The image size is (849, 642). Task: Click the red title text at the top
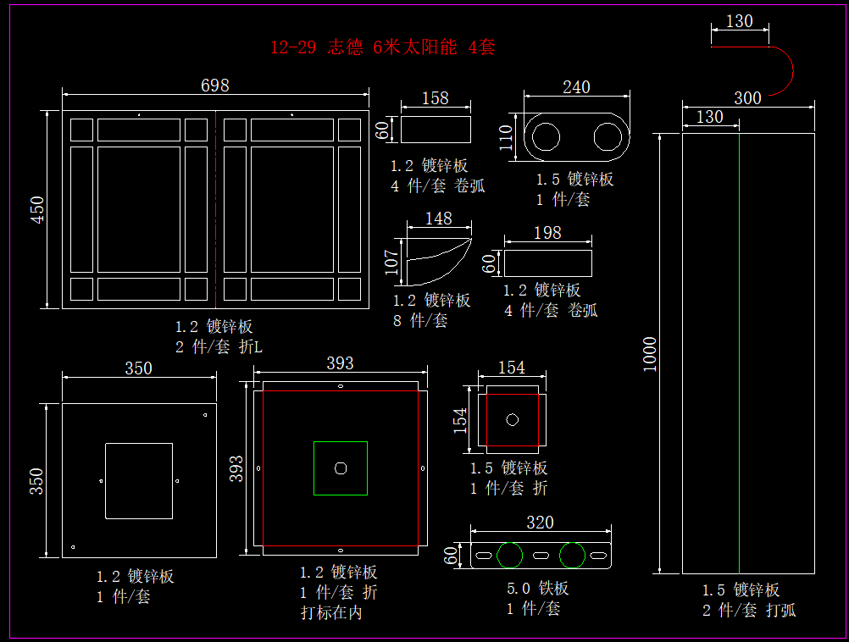click(x=382, y=47)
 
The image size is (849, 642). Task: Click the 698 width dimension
click(x=214, y=86)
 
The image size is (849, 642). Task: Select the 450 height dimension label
click(x=38, y=210)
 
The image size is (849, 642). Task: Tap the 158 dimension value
click(x=435, y=98)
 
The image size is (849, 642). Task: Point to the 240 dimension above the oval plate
click(x=576, y=87)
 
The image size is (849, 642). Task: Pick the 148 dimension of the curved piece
click(x=438, y=219)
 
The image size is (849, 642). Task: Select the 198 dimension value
click(x=547, y=233)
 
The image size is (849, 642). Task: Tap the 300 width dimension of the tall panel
click(x=747, y=98)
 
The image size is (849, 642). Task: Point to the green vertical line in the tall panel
click(x=739, y=356)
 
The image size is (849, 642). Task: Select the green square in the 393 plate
click(x=340, y=468)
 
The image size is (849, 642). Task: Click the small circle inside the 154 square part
click(x=512, y=419)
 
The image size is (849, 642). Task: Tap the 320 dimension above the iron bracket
click(x=540, y=523)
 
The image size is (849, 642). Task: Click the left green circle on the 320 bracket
click(x=510, y=556)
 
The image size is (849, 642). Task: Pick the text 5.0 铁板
click(x=538, y=588)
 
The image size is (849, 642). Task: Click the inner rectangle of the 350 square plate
click(x=138, y=480)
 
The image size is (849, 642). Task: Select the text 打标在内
click(x=331, y=612)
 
